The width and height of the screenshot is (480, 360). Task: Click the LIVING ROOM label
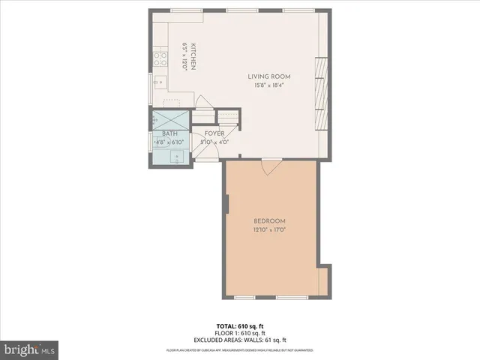coord(269,76)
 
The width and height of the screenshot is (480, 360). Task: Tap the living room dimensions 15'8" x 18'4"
coord(269,85)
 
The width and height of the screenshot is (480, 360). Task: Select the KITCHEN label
coord(193,57)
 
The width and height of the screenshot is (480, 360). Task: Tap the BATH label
coord(169,133)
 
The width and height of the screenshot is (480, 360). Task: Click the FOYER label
coord(214,133)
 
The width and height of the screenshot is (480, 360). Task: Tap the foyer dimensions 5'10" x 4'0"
coord(214,142)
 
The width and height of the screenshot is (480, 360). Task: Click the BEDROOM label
coord(269,220)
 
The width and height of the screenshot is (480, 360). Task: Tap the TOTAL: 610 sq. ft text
coord(239,326)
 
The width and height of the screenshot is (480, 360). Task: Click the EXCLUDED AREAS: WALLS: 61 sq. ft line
coord(239,340)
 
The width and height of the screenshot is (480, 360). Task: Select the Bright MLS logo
coord(29,349)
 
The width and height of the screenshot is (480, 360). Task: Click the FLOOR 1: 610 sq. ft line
coord(239,333)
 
